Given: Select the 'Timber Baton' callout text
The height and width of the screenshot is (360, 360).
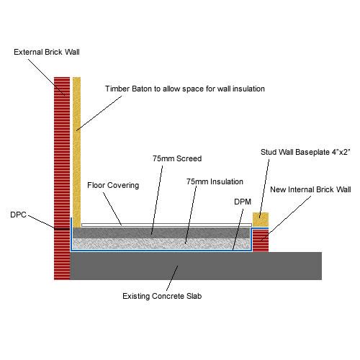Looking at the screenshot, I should pos(185,89).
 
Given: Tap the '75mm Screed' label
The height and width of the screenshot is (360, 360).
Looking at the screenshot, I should pos(176,158).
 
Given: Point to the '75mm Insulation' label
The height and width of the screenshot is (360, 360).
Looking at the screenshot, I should pos(215,181).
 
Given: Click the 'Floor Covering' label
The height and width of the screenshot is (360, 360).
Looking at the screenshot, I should pos(113,185).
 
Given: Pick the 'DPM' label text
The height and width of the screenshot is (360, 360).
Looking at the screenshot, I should pos(242,202).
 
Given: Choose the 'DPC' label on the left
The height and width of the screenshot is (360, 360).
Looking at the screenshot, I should pos(18,214).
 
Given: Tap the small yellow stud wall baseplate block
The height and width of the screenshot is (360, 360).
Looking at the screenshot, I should pos(260,219).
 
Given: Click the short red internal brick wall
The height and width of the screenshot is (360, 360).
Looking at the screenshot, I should pos(260,240).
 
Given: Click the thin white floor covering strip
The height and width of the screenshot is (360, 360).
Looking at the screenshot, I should pos(166,225).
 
